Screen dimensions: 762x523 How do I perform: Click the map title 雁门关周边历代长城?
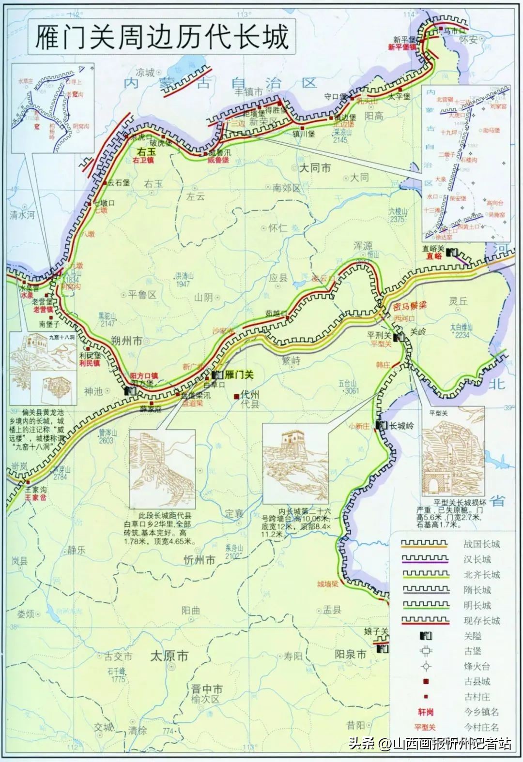point(162,37)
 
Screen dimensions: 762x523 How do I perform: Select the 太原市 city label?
point(169,656)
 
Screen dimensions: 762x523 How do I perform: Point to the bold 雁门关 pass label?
point(240,374)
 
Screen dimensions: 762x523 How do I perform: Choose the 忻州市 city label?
point(200,560)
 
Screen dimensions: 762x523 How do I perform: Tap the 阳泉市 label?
point(351,654)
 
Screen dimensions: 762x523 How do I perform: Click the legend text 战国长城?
point(481,544)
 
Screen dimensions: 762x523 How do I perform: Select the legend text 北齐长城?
point(481,574)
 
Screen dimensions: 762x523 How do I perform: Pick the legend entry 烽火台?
point(477,666)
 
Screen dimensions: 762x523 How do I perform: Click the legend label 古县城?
point(477,682)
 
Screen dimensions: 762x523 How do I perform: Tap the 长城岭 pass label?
point(402,426)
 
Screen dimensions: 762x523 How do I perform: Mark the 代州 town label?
point(249,395)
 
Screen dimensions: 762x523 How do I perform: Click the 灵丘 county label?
point(458,300)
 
